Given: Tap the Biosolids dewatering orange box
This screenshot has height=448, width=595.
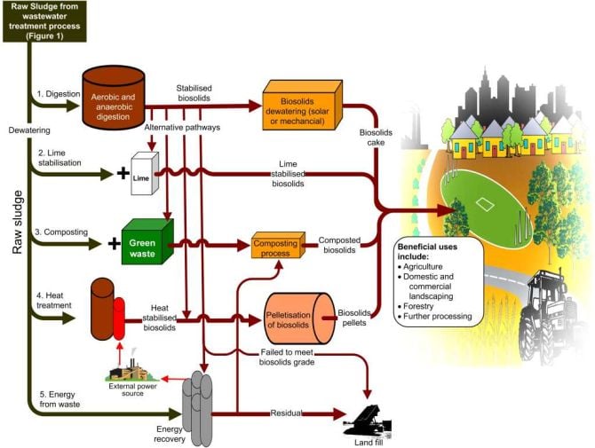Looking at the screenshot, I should (x=302, y=102).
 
